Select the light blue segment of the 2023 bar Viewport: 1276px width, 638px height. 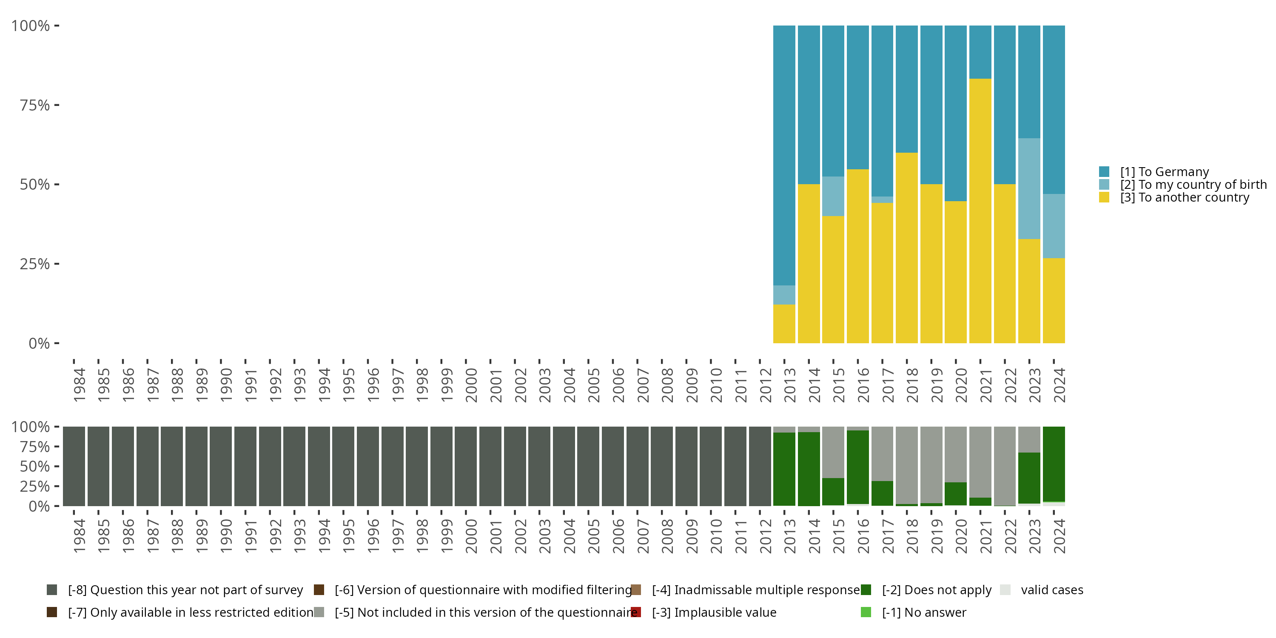click(x=1029, y=189)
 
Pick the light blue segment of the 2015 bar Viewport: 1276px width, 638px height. click(x=833, y=196)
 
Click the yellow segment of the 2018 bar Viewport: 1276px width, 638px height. click(x=906, y=248)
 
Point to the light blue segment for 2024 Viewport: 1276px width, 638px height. click(x=1054, y=226)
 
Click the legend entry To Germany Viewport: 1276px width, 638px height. click(x=1164, y=172)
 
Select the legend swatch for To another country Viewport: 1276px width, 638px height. click(x=1104, y=198)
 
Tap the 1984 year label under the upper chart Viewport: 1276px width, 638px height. click(x=79, y=385)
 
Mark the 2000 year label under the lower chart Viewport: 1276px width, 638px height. click(x=471, y=536)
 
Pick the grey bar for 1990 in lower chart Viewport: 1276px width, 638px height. click(x=221, y=466)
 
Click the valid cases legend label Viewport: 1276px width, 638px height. click(x=1051, y=590)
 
